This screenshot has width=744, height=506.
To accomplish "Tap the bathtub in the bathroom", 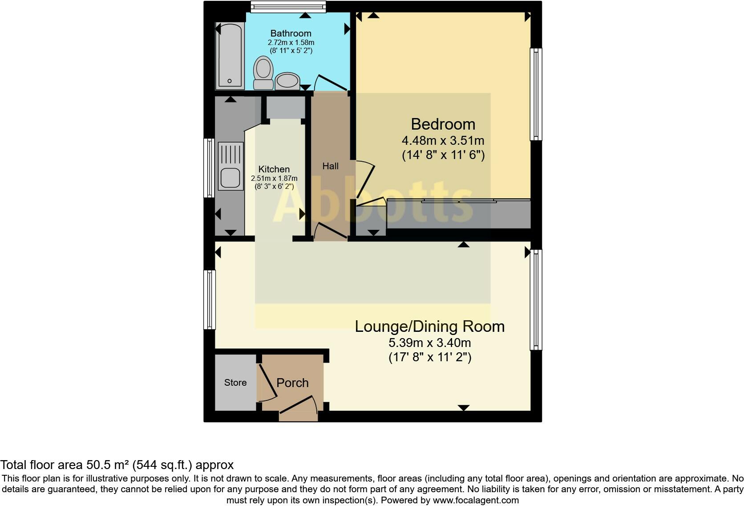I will [x=230, y=56].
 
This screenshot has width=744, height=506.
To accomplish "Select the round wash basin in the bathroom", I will [x=287, y=81].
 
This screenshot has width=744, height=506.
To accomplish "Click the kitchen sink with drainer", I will [x=231, y=166].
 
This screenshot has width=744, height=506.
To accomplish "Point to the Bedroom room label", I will [x=443, y=124].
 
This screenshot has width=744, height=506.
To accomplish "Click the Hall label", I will [x=330, y=166].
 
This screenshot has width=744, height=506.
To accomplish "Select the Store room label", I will [x=235, y=383].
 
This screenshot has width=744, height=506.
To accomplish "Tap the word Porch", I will [x=292, y=383].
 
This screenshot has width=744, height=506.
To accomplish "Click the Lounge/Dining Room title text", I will [x=429, y=326].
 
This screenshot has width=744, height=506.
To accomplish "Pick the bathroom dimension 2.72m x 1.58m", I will [x=291, y=43].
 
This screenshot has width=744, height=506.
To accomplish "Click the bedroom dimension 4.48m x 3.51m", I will [x=443, y=141].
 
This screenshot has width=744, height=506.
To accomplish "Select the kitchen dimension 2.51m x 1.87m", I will [x=274, y=179].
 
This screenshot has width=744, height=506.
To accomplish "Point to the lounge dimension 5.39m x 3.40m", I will [x=429, y=343].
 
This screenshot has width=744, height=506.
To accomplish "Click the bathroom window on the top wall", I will [x=288, y=6].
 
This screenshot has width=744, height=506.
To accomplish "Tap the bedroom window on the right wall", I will [x=536, y=94].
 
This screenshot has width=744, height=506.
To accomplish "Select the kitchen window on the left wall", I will [x=209, y=167].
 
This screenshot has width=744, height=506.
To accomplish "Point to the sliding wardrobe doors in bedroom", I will [x=458, y=201].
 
